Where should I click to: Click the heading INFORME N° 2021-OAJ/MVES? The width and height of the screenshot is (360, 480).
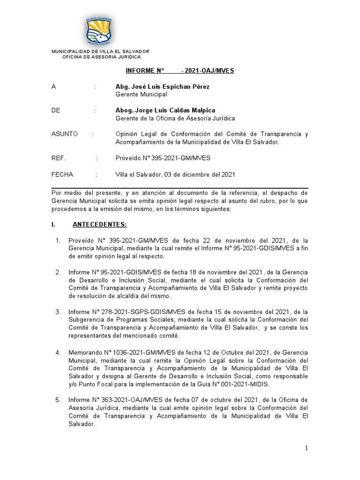coord(180,71)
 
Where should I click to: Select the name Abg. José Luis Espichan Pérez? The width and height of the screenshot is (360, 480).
coord(162,87)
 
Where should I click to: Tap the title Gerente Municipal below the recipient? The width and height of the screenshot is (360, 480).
coord(141,94)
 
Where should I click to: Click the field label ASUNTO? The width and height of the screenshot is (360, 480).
coord(65,134)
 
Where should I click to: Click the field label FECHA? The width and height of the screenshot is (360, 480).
coord(62,174)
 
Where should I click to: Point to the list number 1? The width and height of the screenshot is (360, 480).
coord(58,241)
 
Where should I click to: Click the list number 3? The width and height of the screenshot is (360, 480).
coord(58,312)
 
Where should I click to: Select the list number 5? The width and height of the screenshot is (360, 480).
coord(58,400)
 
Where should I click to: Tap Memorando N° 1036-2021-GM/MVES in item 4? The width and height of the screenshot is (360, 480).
coord(119,352)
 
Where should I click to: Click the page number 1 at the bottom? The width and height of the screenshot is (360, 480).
coord(307,448)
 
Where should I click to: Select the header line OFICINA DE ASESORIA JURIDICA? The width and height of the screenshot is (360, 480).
coord(101,57)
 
